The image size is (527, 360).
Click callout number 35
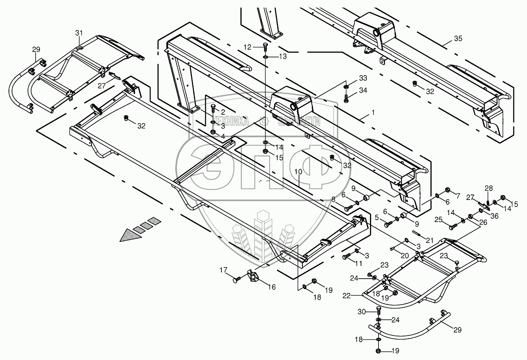tap(458, 39)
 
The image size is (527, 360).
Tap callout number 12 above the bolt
tap(248, 47)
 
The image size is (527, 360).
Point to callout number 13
tap(283, 57)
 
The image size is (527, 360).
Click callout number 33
tap(363, 78)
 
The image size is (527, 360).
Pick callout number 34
tap(363, 90)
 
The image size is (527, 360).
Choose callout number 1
tap(373, 112)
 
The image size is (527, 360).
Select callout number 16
tap(271, 287)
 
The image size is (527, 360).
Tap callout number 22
tap(346, 296)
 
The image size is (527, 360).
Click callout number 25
tap(438, 220)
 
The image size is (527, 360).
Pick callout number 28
tap(489, 188)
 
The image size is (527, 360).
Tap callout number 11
tap(358, 263)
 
